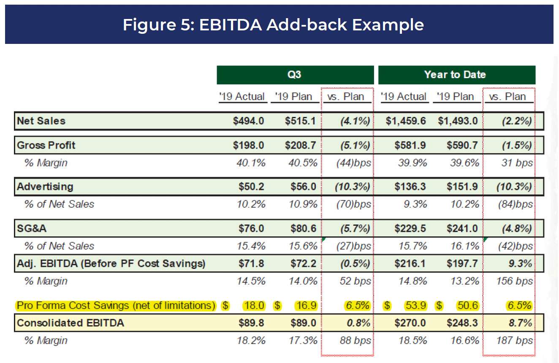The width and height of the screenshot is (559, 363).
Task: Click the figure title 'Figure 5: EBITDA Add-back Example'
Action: (x=273, y=25)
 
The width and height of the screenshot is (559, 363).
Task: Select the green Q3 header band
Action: (x=295, y=75)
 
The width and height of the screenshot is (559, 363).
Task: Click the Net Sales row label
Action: (x=41, y=121)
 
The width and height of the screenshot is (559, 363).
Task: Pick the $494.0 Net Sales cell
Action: (x=248, y=121)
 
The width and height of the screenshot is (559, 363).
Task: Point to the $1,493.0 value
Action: (x=458, y=121)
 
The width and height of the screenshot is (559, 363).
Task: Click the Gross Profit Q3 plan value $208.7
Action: (x=300, y=145)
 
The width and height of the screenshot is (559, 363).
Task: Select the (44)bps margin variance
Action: (x=353, y=163)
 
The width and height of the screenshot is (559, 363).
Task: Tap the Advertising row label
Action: (x=45, y=187)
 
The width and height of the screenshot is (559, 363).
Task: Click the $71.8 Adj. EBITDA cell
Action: (x=251, y=264)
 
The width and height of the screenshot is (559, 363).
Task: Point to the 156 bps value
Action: (x=514, y=281)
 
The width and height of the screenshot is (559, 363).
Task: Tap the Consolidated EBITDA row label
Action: (x=71, y=323)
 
